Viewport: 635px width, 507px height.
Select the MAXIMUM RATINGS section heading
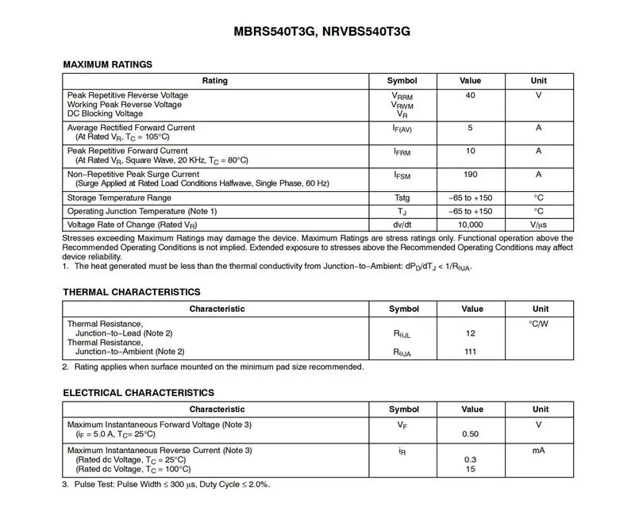[107, 64]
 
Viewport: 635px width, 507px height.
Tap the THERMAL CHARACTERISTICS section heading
[131, 292]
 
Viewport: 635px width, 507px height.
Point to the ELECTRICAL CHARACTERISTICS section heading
[138, 393]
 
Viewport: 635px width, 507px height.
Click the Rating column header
[214, 81]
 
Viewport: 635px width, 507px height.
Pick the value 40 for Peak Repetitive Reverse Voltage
[471, 95]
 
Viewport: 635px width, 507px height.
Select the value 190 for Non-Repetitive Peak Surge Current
[471, 175]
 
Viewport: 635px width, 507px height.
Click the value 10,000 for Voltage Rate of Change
[471, 225]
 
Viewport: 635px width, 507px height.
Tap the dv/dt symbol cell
[402, 225]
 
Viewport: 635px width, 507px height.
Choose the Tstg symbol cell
[402, 198]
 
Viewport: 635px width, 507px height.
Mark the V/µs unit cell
[538, 225]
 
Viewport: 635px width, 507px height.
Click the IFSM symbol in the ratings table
[402, 175]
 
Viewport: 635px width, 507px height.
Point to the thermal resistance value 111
[471, 351]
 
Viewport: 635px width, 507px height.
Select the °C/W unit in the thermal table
[538, 324]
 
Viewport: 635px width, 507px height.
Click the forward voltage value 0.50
[471, 434]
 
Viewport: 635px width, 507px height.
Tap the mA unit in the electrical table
[538, 451]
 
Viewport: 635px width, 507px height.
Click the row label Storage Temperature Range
[119, 198]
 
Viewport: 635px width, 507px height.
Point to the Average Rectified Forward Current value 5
[471, 128]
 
